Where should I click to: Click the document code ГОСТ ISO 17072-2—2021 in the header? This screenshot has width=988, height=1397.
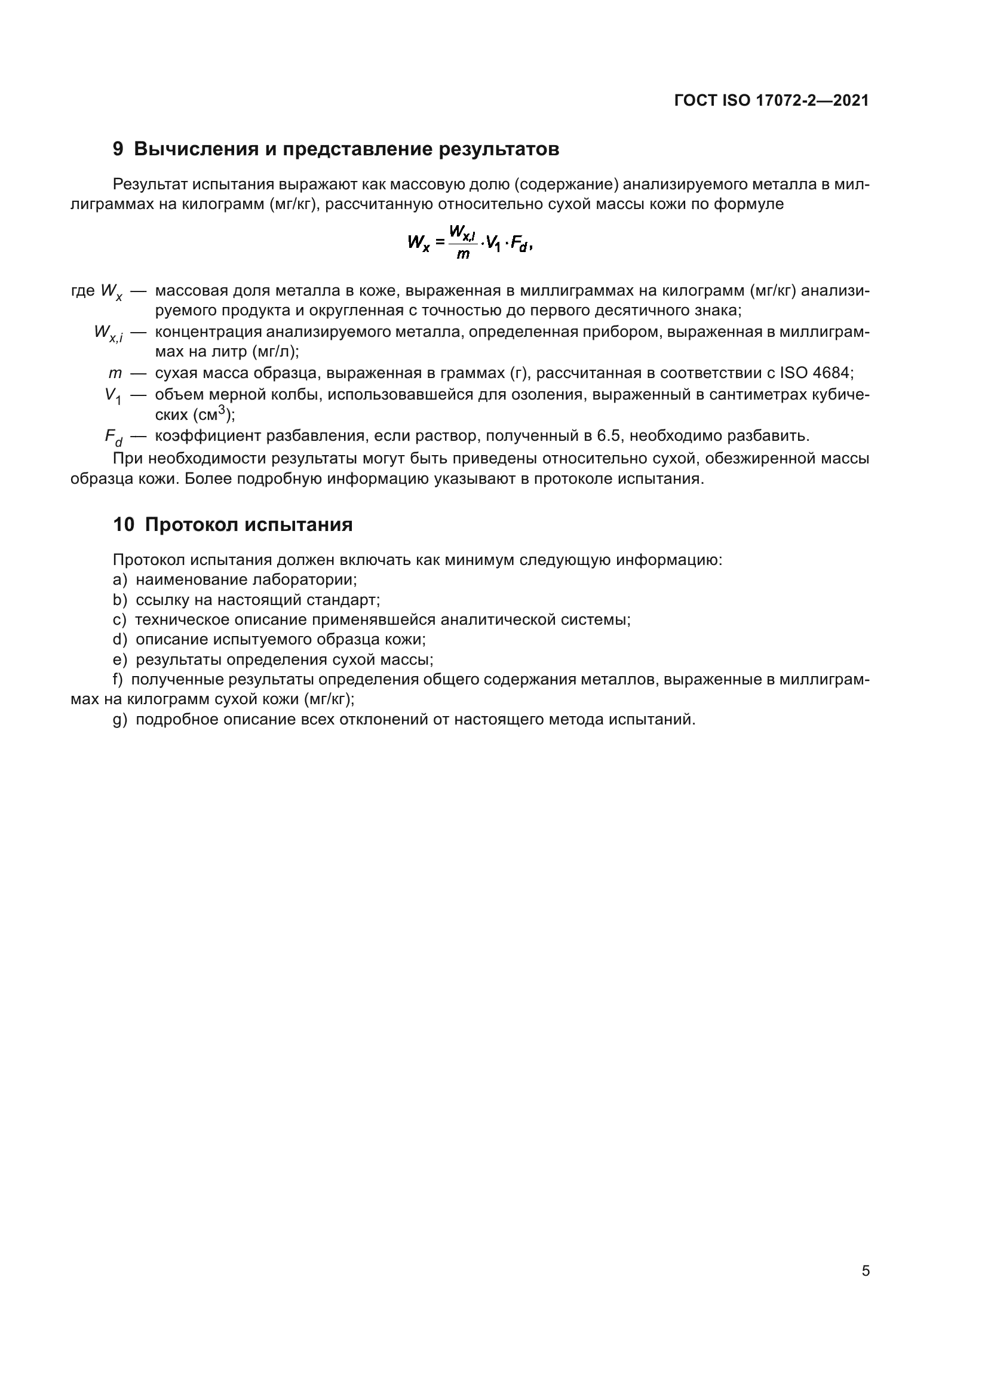coord(771,100)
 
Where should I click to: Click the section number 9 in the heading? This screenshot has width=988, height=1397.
coord(118,149)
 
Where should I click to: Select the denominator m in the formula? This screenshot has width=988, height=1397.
coord(462,254)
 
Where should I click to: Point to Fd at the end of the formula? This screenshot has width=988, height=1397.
coord(520,244)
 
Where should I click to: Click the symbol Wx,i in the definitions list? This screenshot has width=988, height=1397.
coord(108,333)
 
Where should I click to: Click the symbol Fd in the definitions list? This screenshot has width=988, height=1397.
coord(113,437)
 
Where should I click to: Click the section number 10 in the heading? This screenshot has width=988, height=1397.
coord(124,524)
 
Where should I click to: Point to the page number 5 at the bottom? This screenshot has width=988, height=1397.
coord(865,1271)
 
